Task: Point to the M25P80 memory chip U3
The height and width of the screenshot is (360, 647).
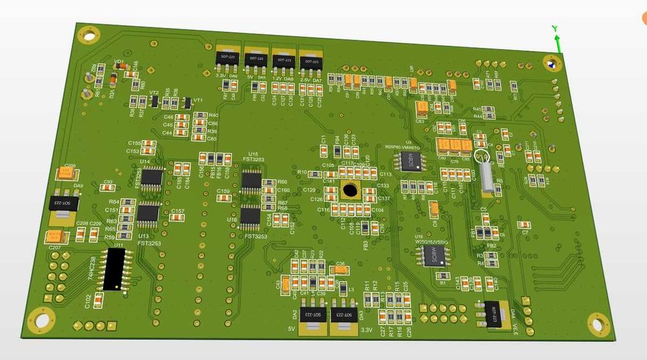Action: (x=410, y=162)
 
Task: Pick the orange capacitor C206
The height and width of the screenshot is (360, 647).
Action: (x=64, y=174)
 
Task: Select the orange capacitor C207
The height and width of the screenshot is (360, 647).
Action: (x=55, y=238)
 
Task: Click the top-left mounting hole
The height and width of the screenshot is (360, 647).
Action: (x=89, y=34)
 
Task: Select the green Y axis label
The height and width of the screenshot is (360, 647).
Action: (x=554, y=29)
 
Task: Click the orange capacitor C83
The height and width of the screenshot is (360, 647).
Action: (x=422, y=108)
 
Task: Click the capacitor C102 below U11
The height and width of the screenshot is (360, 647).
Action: (x=99, y=298)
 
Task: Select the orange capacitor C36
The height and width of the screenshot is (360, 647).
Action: (x=341, y=269)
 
